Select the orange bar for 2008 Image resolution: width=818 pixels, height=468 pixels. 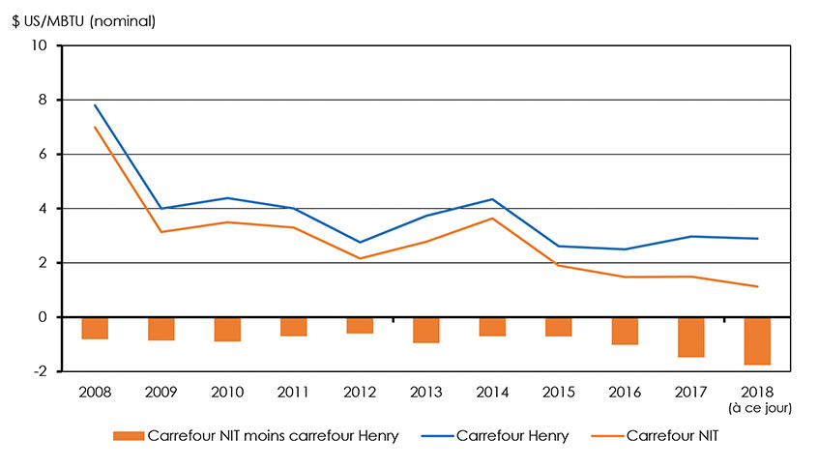(x=95, y=328)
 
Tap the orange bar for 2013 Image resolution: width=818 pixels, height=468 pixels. (x=426, y=330)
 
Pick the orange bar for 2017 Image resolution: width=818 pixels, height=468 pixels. (x=691, y=336)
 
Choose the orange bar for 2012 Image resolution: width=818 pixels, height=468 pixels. (x=360, y=325)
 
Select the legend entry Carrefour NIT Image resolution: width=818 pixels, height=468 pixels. (x=671, y=436)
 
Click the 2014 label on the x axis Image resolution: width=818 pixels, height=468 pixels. (x=492, y=393)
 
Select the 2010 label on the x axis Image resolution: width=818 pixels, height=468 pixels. (x=227, y=393)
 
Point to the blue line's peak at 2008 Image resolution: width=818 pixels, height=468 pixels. (x=95, y=105)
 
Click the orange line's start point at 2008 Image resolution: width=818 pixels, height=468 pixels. (x=95, y=127)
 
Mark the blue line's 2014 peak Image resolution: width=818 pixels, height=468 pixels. (x=492, y=199)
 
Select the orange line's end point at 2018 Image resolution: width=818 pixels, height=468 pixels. (x=757, y=286)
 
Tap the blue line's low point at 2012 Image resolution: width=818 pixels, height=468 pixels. (x=360, y=242)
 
